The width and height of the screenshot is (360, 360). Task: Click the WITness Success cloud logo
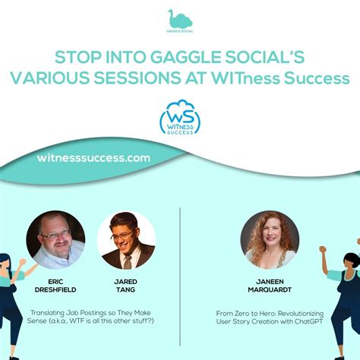[x=180, y=118]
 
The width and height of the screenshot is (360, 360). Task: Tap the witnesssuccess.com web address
[x=93, y=158]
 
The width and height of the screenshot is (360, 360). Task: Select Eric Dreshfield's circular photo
[x=55, y=239]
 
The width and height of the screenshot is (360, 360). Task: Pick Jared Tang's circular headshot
[x=126, y=240]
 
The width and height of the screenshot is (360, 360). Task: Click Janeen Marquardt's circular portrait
[x=270, y=239]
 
